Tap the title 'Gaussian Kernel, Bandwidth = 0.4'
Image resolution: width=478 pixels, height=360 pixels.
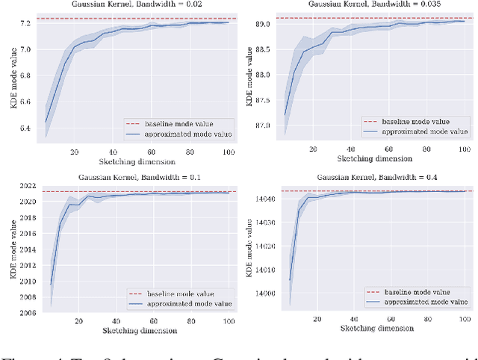[376, 178]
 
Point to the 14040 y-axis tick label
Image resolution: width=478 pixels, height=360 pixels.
[264, 199]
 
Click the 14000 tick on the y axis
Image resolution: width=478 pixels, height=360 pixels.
[264, 294]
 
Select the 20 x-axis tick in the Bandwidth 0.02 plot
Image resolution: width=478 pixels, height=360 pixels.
[74, 152]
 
